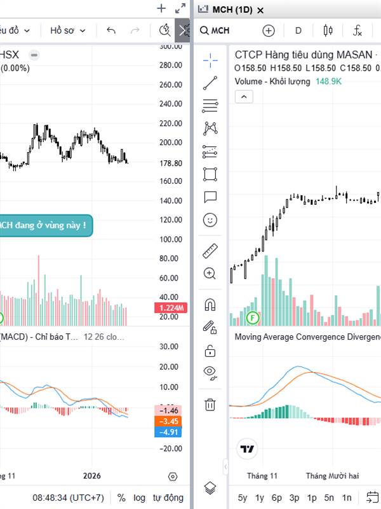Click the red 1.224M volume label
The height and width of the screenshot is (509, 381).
coord(171,309)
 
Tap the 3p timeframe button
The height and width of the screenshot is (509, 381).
coord(294,498)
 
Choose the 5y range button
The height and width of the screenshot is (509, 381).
coord(243,498)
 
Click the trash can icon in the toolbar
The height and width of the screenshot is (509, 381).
coord(210,404)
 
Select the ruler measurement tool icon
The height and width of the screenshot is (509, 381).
coord(210,251)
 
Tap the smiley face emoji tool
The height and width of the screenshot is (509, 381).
coord(210,220)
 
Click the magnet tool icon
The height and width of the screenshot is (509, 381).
coord(210,305)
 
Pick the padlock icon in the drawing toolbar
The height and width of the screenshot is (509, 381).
coord(210,351)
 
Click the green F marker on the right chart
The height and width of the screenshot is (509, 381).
coord(253,317)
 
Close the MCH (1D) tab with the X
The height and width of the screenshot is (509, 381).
coord(260,10)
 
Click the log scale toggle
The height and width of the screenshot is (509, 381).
coord(139,498)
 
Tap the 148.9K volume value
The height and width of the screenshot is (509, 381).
coord(329,81)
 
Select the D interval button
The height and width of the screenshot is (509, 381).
coord(298,30)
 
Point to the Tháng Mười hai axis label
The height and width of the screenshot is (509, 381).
coord(332,476)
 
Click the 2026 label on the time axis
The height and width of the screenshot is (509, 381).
coord(92,476)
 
